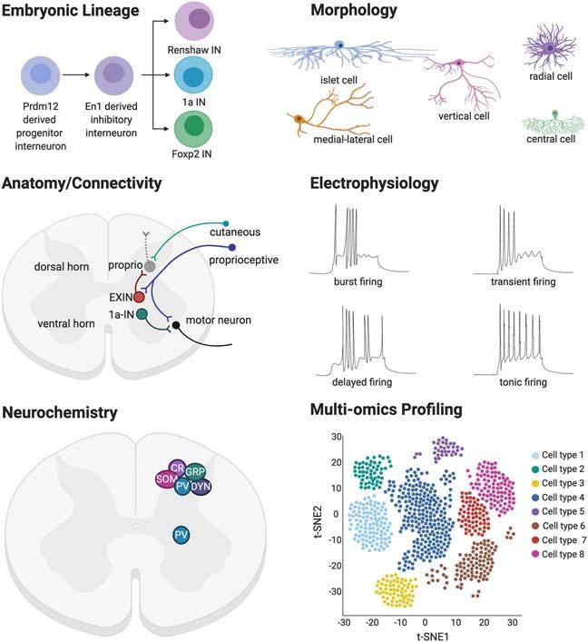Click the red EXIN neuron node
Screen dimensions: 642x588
[x=139, y=297]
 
